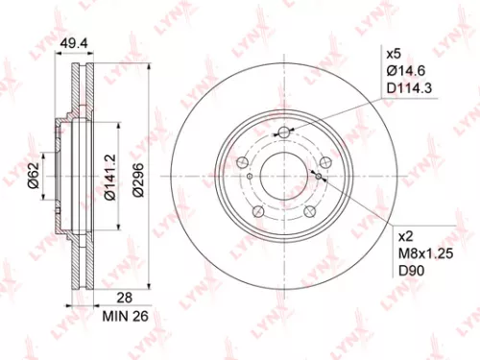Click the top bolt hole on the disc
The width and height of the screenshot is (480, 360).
tap(284, 133)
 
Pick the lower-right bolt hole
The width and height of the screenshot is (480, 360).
tap(310, 212)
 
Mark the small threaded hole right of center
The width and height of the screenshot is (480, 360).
tap(318, 175)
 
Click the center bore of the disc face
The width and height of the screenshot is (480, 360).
tap(284, 177)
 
